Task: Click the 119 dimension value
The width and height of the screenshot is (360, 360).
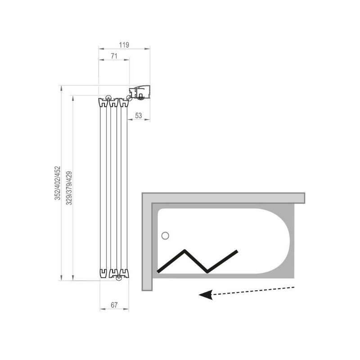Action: tap(124, 45)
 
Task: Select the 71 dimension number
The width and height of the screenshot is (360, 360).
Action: tap(114, 56)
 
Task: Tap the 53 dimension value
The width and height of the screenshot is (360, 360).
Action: tap(139, 116)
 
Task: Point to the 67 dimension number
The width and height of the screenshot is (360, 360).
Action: tap(114, 305)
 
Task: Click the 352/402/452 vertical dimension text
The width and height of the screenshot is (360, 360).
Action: tap(57, 183)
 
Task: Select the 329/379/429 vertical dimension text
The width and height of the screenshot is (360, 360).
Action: tap(69, 188)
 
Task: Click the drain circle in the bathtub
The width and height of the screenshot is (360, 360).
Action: tap(165, 236)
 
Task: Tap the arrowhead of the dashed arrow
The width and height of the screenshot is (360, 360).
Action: tap(206, 295)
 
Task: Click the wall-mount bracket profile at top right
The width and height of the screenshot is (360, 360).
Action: tap(139, 92)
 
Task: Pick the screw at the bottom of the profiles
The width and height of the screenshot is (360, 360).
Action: tap(119, 278)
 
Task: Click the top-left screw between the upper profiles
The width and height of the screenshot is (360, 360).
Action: tap(108, 98)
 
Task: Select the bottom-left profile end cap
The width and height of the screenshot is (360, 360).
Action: tap(103, 273)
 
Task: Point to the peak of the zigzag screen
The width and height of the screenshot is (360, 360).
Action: tap(184, 251)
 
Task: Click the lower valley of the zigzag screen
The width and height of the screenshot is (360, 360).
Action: tap(207, 272)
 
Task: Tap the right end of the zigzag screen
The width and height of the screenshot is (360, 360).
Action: tap(237, 252)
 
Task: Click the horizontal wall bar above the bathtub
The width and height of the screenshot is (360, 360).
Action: tap(223, 198)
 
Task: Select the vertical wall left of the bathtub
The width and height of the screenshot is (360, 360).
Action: tap(147, 242)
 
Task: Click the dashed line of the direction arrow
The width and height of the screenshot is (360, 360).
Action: tap(253, 291)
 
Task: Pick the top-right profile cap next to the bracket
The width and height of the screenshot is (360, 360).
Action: tap(124, 103)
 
